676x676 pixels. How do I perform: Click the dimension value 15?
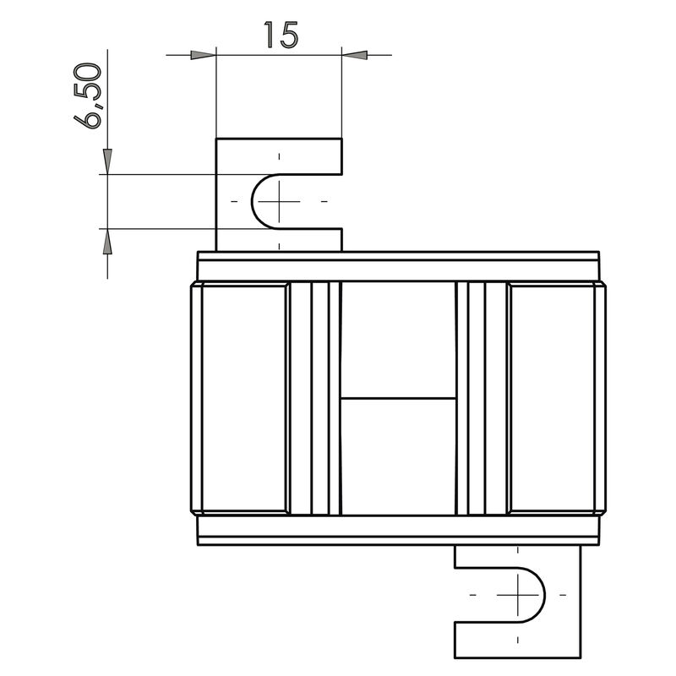279,35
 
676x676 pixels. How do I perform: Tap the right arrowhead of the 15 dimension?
355,55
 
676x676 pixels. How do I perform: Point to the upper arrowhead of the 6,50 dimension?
107,162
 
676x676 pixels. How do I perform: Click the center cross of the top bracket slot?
278,201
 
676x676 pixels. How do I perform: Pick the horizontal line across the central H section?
397,397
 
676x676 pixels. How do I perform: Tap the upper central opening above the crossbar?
397,338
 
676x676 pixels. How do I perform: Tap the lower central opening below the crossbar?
397,456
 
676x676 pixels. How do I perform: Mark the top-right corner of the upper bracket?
342,139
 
